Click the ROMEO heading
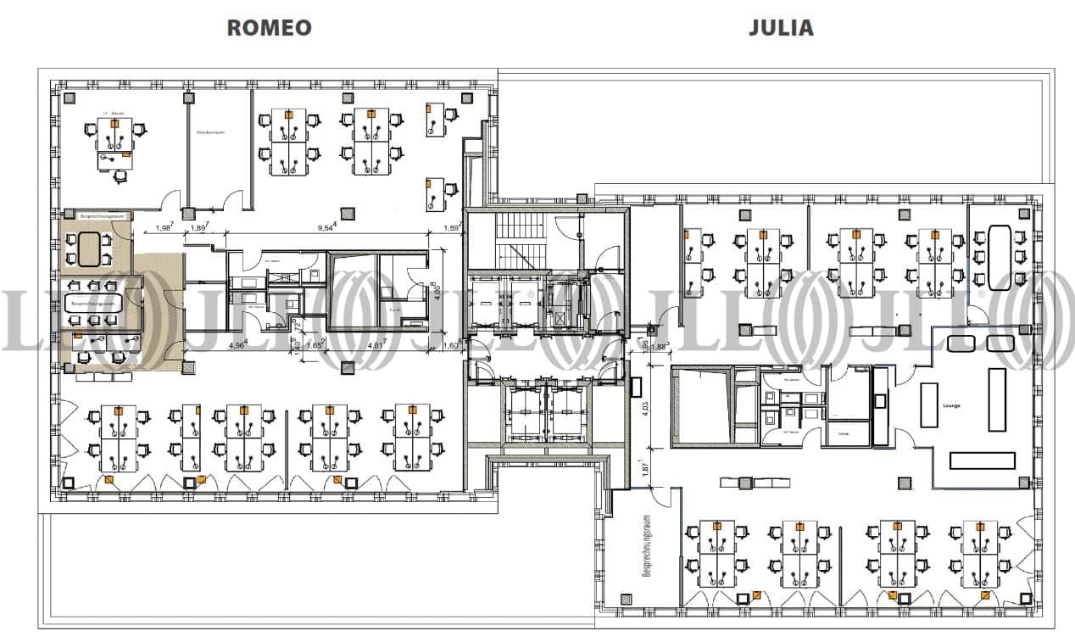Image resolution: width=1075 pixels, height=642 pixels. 269,27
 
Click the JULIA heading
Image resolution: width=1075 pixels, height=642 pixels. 780,27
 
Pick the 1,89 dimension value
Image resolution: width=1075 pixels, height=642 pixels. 200,227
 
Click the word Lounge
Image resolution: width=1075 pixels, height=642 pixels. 951,406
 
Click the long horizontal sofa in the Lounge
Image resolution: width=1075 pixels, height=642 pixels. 982,461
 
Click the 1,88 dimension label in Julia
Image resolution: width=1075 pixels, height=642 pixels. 657,347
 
